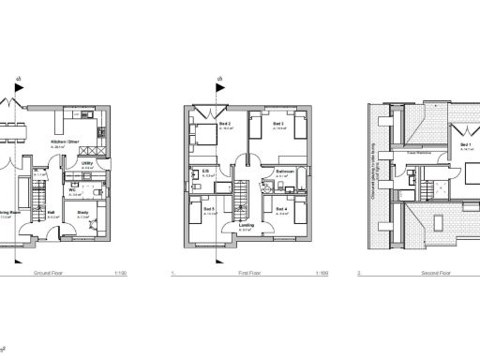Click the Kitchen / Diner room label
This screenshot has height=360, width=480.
(65, 142)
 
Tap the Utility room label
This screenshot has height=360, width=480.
(85, 162)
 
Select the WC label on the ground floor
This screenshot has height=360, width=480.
(72, 188)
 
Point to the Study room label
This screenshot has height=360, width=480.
(82, 212)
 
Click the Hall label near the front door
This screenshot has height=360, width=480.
(52, 212)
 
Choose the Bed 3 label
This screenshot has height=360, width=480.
(278, 124)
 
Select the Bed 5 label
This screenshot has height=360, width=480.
(207, 209)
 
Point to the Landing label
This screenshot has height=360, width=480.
(247, 225)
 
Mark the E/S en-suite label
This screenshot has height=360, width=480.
(205, 171)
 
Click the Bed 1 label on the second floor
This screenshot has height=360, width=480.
(465, 145)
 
